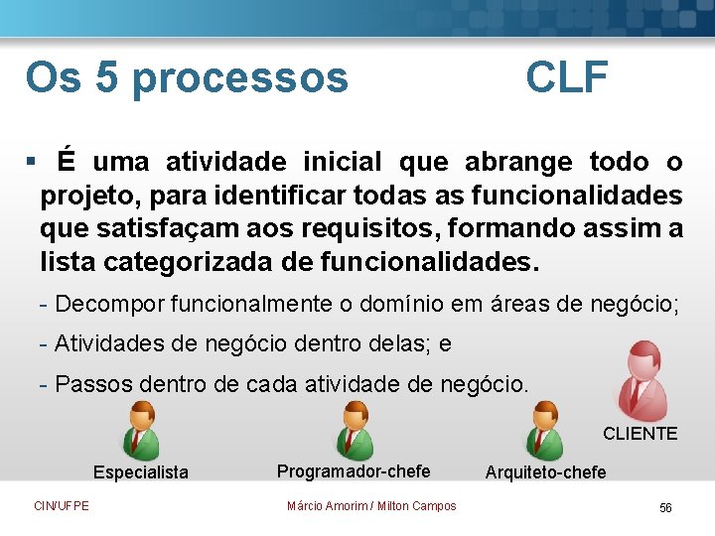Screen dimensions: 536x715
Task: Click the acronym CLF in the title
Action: click(566, 76)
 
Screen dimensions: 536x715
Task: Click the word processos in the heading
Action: click(240, 78)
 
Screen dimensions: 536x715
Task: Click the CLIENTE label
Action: click(641, 434)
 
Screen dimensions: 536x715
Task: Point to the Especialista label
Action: click(140, 472)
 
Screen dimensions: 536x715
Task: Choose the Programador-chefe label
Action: click(354, 470)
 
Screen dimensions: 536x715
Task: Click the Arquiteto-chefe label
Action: click(545, 472)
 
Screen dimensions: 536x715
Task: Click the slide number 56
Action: click(665, 507)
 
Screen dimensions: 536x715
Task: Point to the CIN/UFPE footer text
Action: click(62, 506)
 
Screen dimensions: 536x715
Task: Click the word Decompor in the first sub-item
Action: click(110, 303)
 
